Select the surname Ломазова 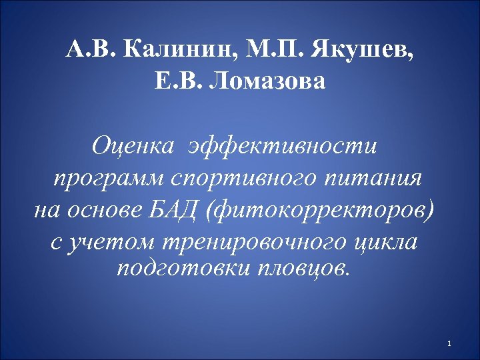[269, 83]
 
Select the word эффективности [283, 145]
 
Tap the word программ [109, 179]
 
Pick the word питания [383, 179]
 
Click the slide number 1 [451, 344]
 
